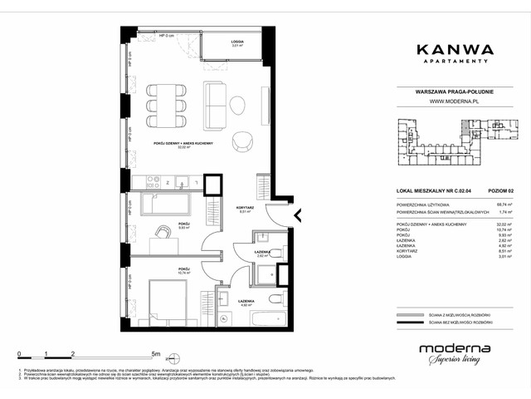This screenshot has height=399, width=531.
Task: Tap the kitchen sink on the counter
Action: point(181,180)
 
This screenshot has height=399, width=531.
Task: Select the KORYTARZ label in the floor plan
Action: point(244,208)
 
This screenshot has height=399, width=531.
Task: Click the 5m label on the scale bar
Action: point(158,353)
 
